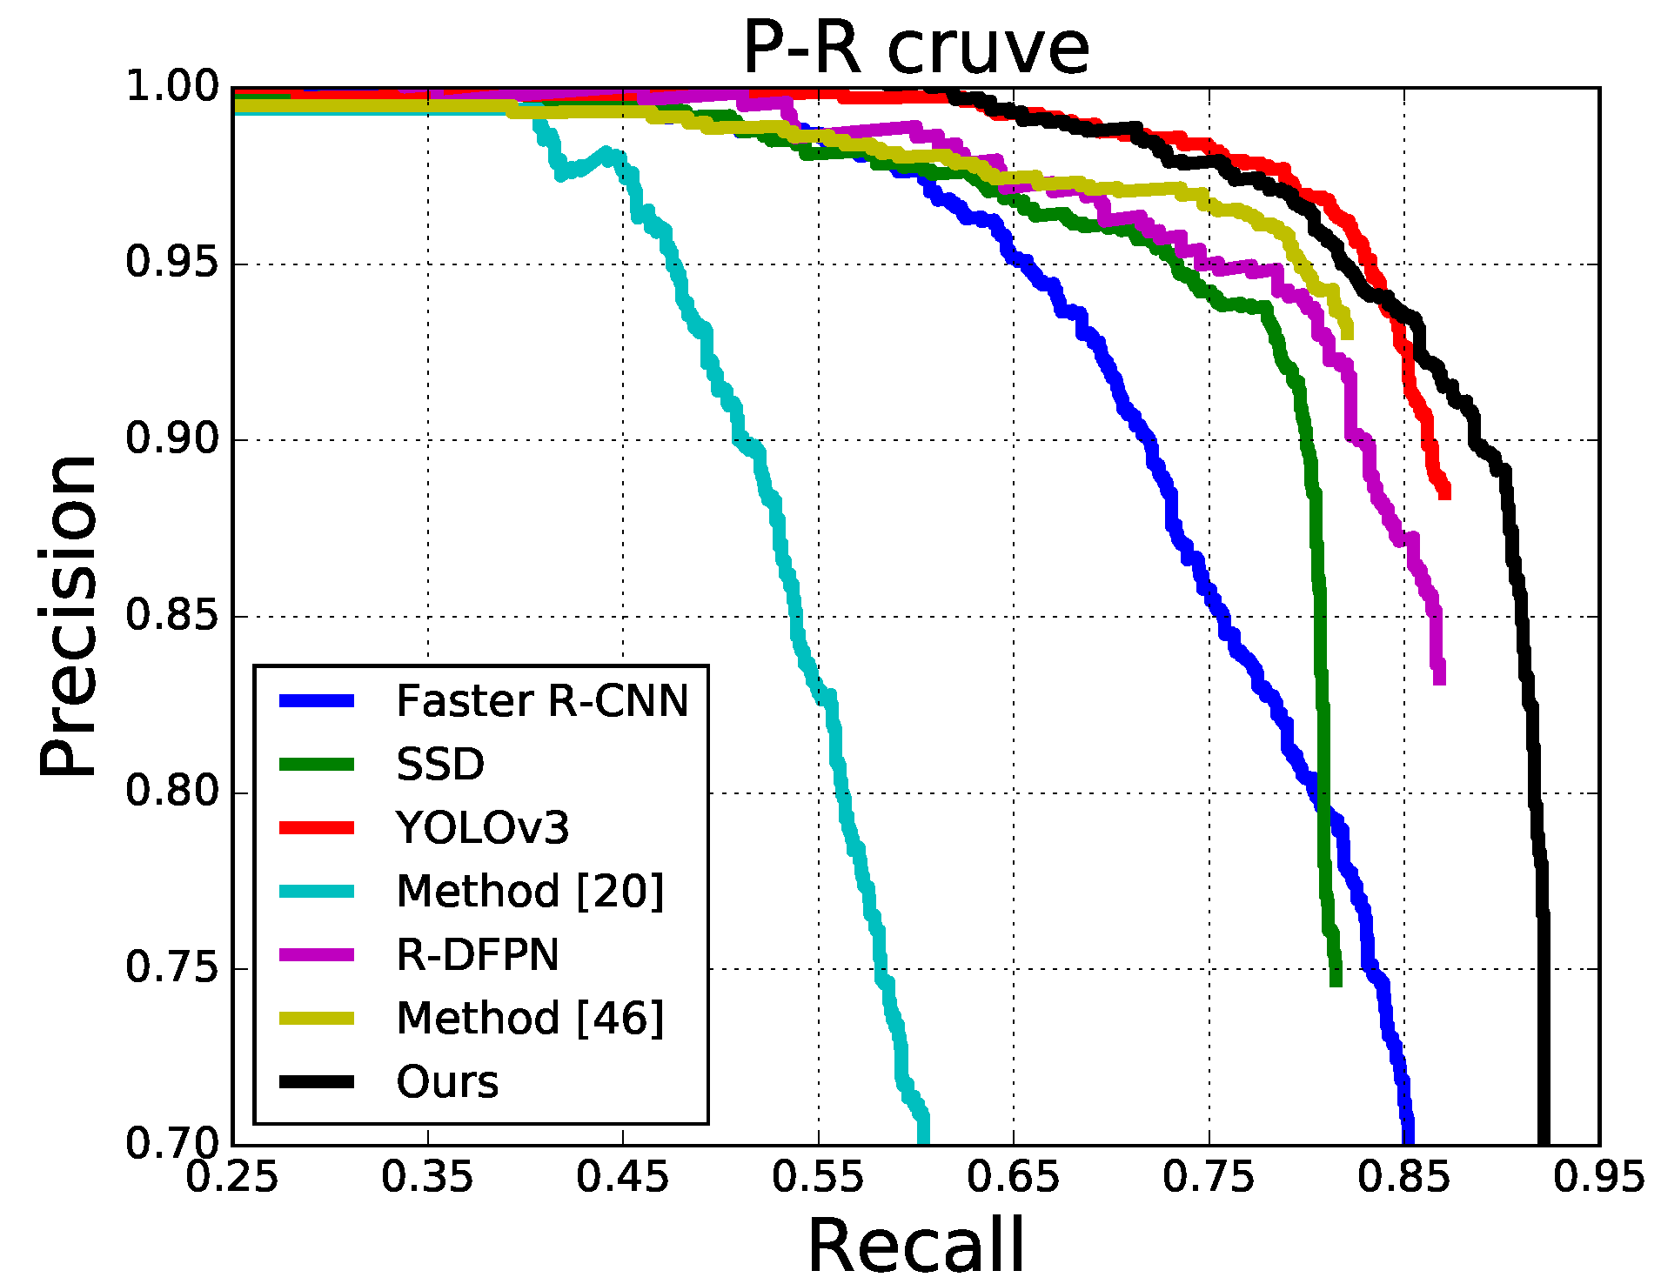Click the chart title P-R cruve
[915, 48]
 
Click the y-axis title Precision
[68, 615]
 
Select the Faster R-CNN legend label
[541, 701]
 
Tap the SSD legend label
[439, 765]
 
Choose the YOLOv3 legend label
[482, 828]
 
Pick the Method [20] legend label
[530, 892]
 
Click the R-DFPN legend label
[477, 955]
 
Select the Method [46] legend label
[530, 1019]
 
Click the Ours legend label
[447, 1082]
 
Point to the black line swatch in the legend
[317, 1082]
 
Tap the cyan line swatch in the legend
[317, 892]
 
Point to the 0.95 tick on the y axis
[171, 263]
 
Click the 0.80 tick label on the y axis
[171, 792]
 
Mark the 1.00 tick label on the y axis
[171, 87]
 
